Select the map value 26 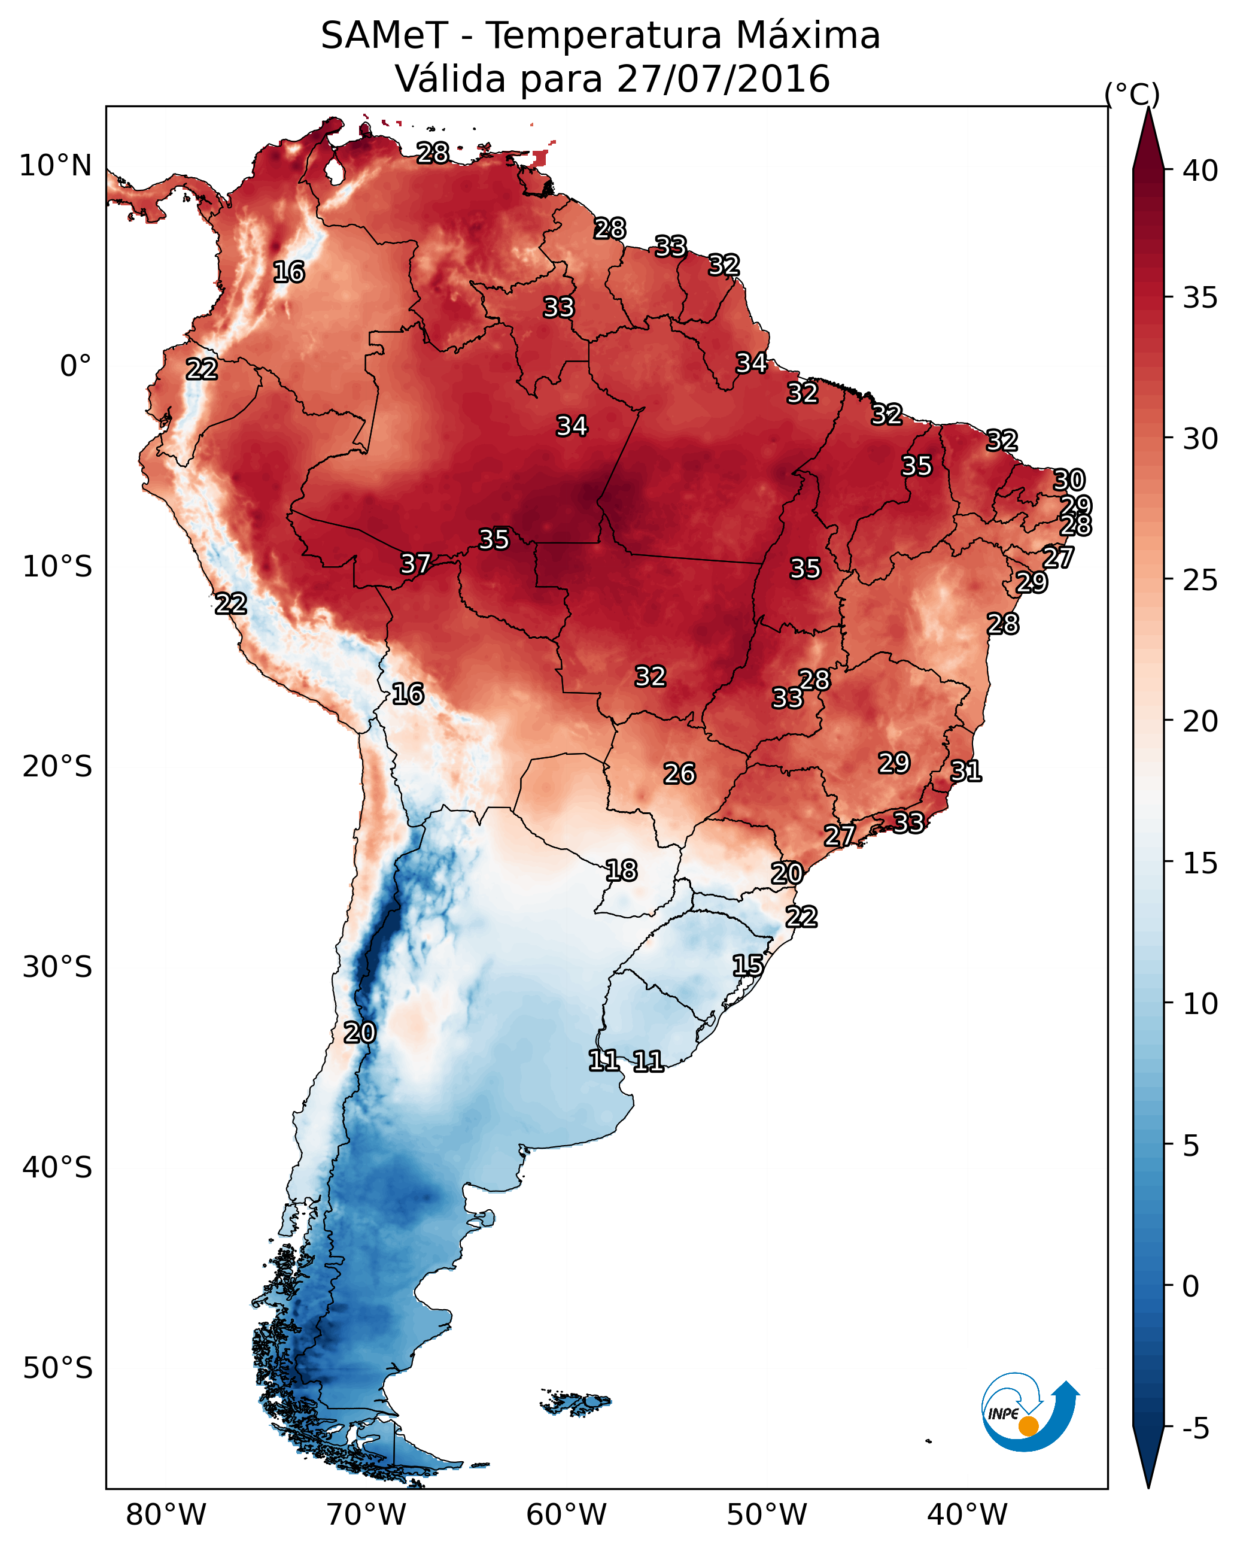(679, 773)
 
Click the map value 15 (747, 965)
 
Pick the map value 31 (966, 771)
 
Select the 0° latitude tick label (75, 366)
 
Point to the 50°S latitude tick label (57, 1368)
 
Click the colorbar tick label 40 (1200, 171)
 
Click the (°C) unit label (1132, 94)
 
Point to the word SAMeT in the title (384, 36)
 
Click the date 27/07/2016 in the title (723, 79)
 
